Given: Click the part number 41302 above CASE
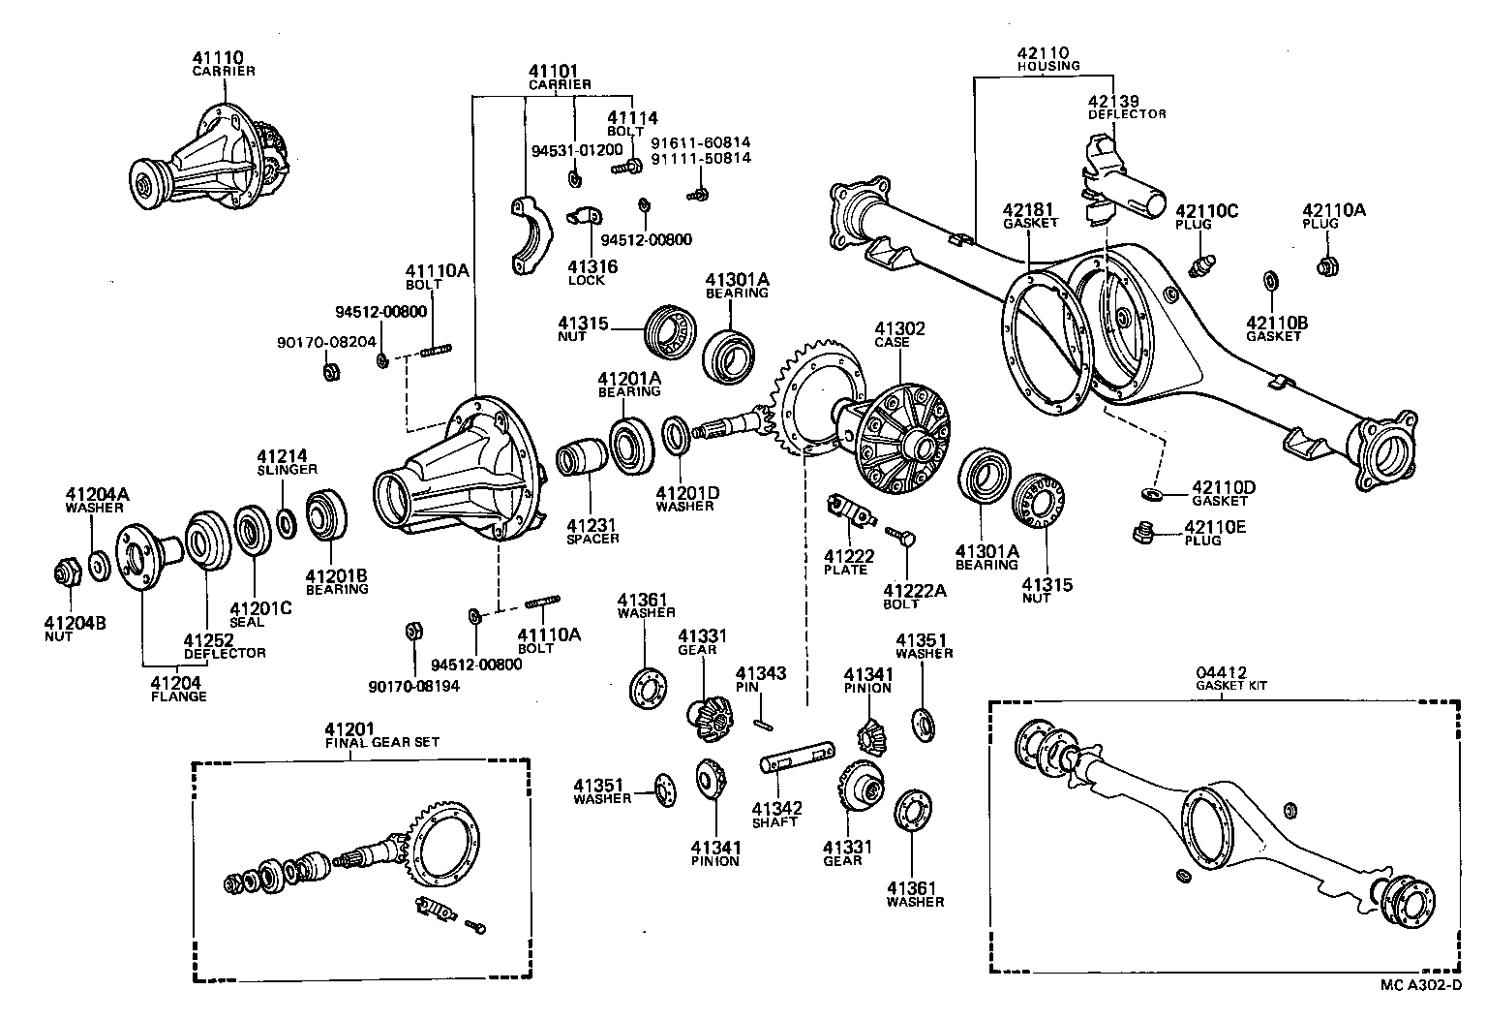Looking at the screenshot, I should click(x=899, y=329).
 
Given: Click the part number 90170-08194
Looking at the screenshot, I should click(x=413, y=686).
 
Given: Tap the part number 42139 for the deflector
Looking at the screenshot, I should click(x=1112, y=101).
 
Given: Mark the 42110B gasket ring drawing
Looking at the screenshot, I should click(x=1270, y=281).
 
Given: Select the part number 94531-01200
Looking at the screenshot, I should click(x=577, y=150).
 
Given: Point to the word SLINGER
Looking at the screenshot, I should click(x=287, y=469).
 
